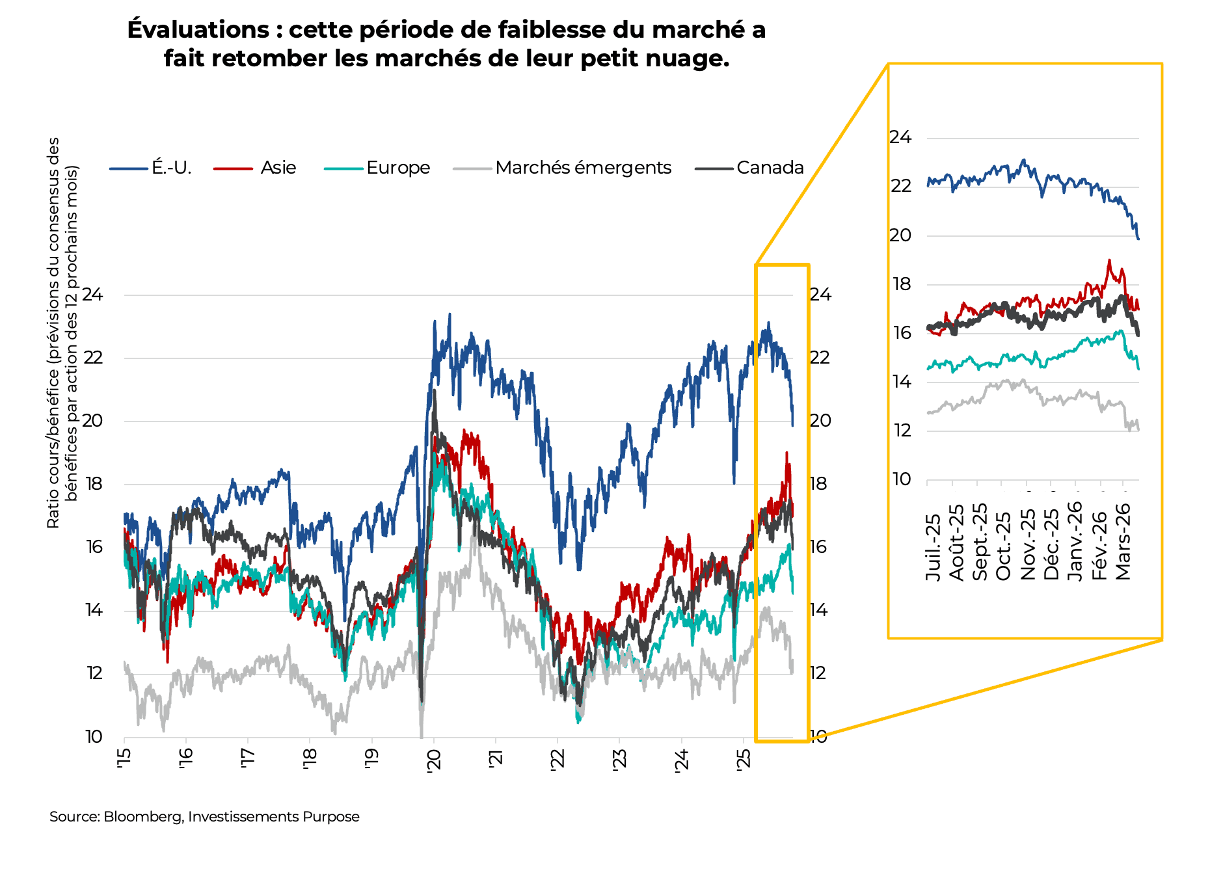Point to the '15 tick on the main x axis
pyautogui.click(x=124, y=758)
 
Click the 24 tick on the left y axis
pyautogui.click(x=92, y=295)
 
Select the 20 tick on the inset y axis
pyautogui.click(x=900, y=235)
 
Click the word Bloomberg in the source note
pyautogui.click(x=142, y=817)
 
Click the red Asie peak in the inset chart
pyautogui.click(x=1109, y=261)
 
